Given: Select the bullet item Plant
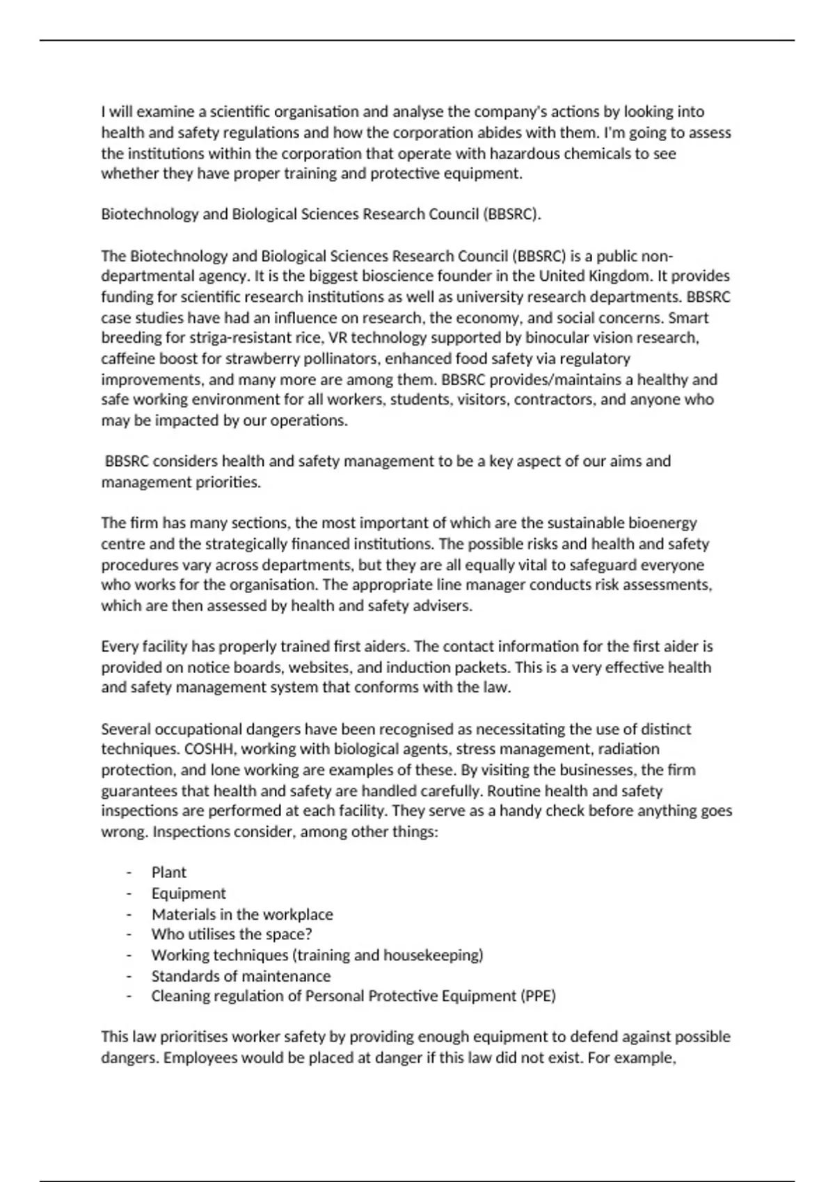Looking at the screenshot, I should [169, 872].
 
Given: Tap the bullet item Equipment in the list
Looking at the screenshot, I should [189, 893].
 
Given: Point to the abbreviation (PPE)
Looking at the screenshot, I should [538, 996].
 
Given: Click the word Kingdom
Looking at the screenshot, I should [618, 276].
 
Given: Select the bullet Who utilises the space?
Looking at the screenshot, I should [232, 934].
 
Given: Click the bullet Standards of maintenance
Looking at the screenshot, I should [241, 975].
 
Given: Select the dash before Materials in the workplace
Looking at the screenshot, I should [129, 914].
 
